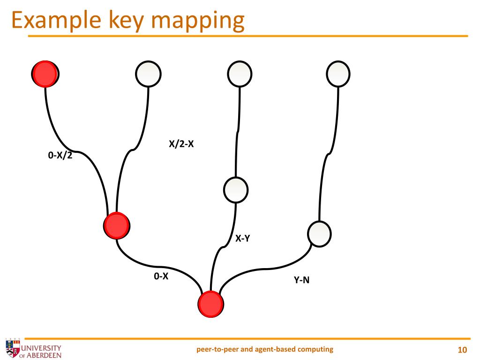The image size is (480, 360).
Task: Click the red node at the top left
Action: click(x=45, y=74)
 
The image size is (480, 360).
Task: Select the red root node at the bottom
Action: click(x=210, y=303)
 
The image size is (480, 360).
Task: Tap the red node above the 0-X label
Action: click(x=116, y=225)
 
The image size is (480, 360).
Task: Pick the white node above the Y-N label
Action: click(x=319, y=233)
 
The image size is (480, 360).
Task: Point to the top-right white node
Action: click(x=338, y=74)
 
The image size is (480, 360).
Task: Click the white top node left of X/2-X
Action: click(x=148, y=74)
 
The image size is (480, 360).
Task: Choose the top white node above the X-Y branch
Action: click(x=240, y=74)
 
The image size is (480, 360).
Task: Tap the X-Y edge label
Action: click(x=242, y=239)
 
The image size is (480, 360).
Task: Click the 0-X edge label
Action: click(x=161, y=277)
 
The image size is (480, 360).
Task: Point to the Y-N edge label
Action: click(x=301, y=280)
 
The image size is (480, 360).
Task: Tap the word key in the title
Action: click(x=123, y=22)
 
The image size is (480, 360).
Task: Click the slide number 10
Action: click(x=462, y=350)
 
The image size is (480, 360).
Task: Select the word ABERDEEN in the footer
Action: click(x=45, y=354)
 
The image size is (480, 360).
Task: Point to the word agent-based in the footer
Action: click(x=270, y=349)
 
